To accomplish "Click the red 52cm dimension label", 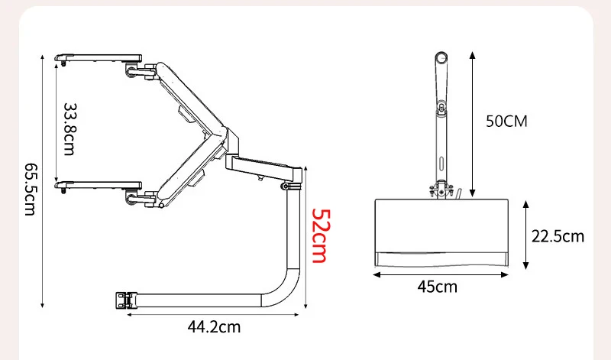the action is (x=322, y=236).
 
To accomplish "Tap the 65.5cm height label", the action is (x=31, y=189).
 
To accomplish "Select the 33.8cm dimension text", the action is (x=70, y=129).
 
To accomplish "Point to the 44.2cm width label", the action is (x=214, y=326).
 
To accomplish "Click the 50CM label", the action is (x=506, y=122).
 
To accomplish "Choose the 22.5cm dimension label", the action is (x=558, y=236).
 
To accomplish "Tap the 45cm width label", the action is (x=437, y=287).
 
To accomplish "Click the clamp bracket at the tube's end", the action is (x=123, y=300).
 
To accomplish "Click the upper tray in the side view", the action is (x=99, y=59).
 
